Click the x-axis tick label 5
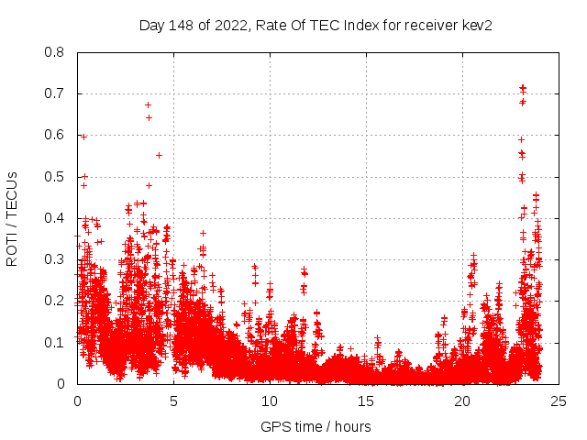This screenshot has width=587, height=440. click(173, 401)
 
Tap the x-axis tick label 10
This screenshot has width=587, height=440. click(270, 401)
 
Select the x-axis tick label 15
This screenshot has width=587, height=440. click(366, 401)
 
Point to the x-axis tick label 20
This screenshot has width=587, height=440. click(462, 401)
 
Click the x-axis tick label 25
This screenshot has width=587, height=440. click(559, 401)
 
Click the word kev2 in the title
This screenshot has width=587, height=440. click(476, 26)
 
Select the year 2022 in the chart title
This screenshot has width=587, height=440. click(229, 26)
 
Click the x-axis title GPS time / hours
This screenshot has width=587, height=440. click(316, 426)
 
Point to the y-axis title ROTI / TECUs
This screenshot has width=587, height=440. click(12, 218)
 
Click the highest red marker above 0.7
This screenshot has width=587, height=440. click(523, 87)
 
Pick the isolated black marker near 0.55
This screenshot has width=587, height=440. click(159, 155)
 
